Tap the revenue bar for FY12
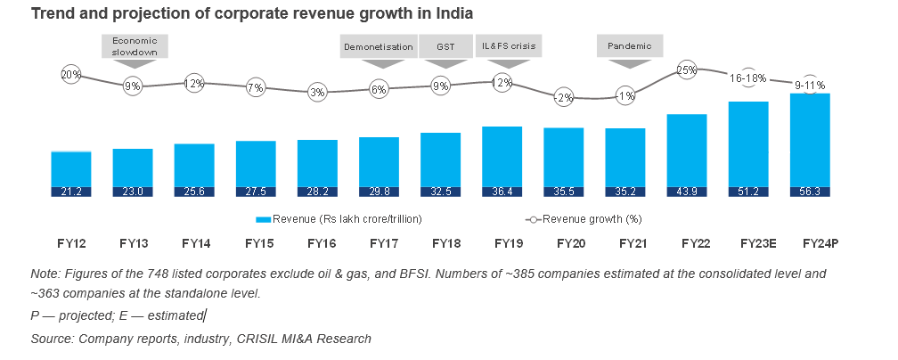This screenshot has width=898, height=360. (71, 169)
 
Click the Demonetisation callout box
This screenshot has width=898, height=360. (379, 46)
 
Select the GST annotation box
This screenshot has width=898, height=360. (444, 46)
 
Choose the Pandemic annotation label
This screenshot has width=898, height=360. (630, 46)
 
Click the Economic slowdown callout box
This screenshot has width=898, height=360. (135, 46)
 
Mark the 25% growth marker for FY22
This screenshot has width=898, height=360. (686, 70)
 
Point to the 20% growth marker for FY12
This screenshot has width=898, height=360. (71, 76)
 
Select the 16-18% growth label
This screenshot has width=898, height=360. (748, 78)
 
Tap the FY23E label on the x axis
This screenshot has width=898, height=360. (748, 243)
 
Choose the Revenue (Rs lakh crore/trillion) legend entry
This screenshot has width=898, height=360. (339, 218)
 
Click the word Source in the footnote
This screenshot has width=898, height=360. (52, 339)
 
